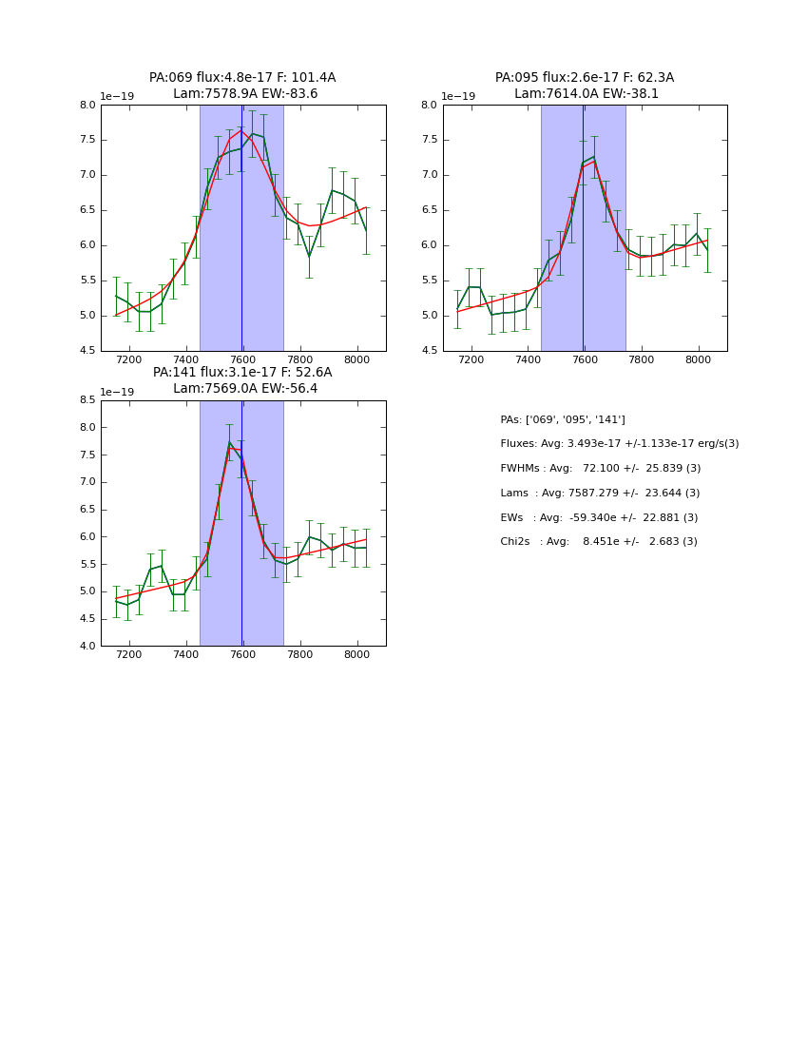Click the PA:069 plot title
[x=242, y=78]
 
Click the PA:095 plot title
[x=585, y=78]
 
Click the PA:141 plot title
[x=242, y=373]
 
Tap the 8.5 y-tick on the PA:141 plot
[x=87, y=400]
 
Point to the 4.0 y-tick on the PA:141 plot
[x=87, y=647]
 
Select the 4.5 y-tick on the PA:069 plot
[x=87, y=352]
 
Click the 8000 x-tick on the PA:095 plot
[x=699, y=360]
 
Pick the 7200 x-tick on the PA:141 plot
[x=129, y=655]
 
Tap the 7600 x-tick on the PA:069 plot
[x=243, y=360]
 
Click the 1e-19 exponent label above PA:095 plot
[x=458, y=97]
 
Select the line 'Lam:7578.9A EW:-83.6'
[x=245, y=94]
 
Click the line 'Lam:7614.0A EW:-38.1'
[x=587, y=94]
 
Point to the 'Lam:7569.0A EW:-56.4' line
[x=245, y=389]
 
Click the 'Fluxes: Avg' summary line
[x=619, y=444]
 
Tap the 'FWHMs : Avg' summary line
[x=600, y=469]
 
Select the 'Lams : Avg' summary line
[x=600, y=494]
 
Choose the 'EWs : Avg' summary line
[x=599, y=518]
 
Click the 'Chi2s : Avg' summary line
[x=598, y=542]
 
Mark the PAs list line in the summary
[x=563, y=420]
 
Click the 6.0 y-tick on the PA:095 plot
[x=429, y=245]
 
